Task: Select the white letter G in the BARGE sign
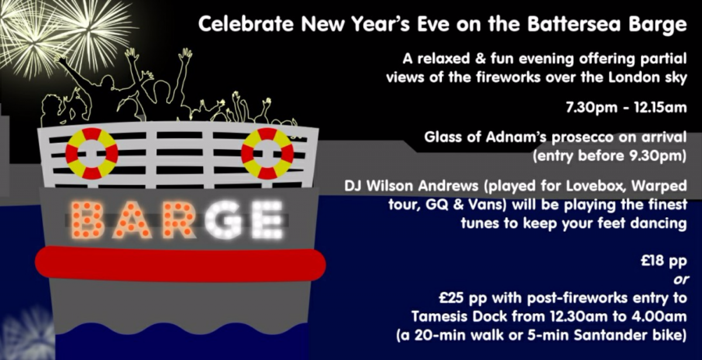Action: tap(223, 220)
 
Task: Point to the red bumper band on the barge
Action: tap(180, 264)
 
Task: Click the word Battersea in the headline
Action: tap(574, 24)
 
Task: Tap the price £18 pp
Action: tap(664, 261)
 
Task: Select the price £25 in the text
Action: tap(451, 298)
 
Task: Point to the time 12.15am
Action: tap(660, 108)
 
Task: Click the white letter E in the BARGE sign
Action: tap(267, 220)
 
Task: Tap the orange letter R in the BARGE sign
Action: tap(177, 220)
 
